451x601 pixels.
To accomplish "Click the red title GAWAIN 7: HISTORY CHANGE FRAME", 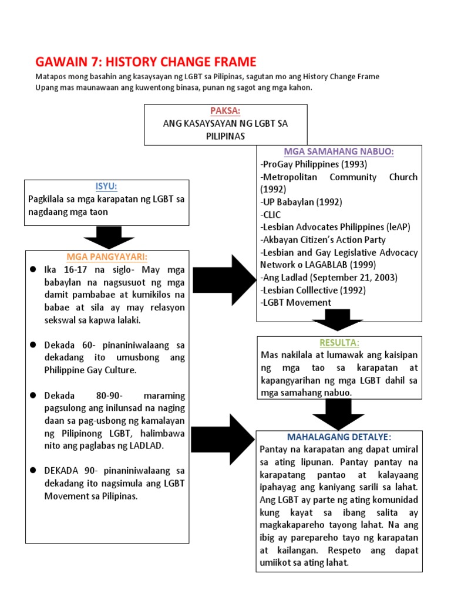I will pos(146,62).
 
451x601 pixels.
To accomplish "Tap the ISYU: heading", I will pos(106,186).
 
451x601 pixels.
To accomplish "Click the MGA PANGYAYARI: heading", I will pos(106,256).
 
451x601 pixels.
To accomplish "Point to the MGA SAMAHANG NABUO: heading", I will pos(339,151).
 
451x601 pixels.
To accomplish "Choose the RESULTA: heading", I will pos(339,342).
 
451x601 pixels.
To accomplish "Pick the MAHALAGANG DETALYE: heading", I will pos(339,437).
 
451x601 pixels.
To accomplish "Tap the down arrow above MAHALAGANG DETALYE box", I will pos(339,415).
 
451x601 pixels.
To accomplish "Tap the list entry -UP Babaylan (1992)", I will pos(300,202).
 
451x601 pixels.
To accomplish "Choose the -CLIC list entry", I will pos(271,214).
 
